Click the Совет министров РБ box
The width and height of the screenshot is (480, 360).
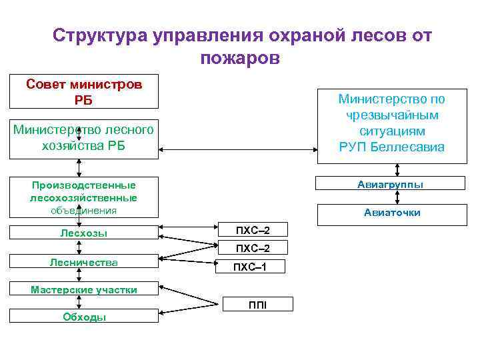[84, 91]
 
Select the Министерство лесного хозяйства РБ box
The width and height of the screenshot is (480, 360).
[84, 137]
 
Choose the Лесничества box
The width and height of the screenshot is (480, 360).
[84, 263]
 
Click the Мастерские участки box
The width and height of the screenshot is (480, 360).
[84, 289]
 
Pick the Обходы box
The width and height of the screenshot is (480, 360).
[84, 317]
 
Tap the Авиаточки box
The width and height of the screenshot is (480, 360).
[391, 213]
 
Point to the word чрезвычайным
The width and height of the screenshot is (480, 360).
[391, 115]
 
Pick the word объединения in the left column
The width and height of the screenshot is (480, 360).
[84, 211]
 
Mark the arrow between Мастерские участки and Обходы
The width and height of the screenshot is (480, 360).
[84, 302]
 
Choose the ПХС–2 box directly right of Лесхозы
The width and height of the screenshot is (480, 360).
[253, 230]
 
